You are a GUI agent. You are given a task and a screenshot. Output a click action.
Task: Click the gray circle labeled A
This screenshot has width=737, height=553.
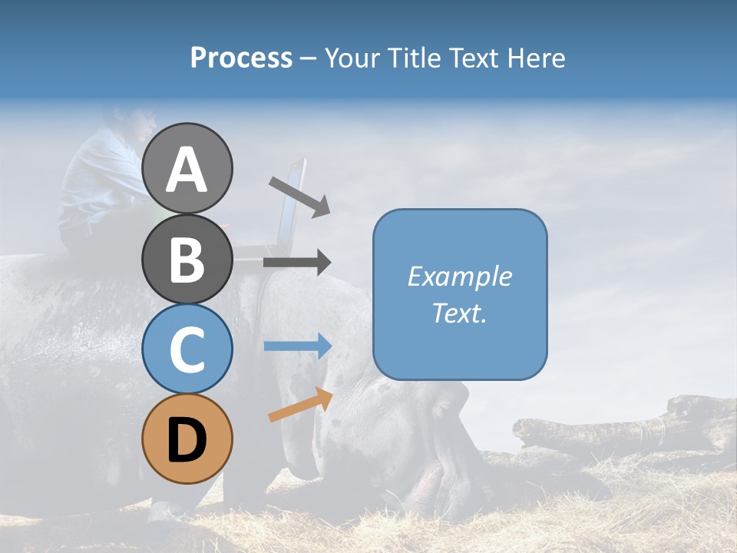tap(187, 168)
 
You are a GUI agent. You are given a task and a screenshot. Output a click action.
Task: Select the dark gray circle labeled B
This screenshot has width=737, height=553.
tap(187, 259)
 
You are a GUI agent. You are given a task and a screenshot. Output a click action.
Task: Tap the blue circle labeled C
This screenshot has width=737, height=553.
tap(187, 349)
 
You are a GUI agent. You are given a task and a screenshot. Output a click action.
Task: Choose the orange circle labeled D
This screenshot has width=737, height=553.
tap(187, 439)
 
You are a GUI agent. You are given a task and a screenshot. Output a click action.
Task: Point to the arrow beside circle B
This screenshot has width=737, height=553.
tap(297, 263)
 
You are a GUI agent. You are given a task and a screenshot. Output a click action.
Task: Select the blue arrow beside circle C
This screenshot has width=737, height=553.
tap(298, 346)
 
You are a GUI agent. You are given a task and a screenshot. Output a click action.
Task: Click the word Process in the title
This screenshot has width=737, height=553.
tap(241, 58)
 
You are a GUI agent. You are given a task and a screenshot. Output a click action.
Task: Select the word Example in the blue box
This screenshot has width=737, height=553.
tap(459, 276)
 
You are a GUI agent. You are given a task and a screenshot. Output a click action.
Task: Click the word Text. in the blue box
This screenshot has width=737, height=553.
tap(459, 313)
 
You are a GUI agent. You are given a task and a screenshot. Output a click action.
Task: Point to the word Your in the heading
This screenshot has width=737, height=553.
tap(351, 58)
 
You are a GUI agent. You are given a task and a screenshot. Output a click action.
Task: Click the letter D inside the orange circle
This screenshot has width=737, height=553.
tap(187, 440)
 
